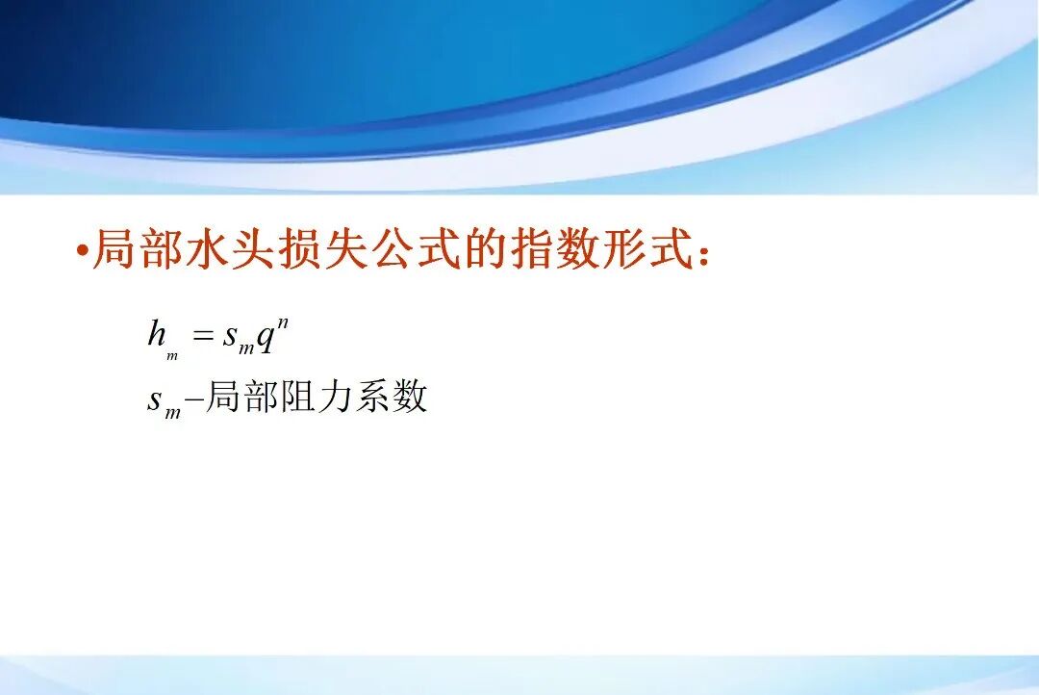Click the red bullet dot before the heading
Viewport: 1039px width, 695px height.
click(82, 253)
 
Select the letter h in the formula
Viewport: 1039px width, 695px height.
click(157, 334)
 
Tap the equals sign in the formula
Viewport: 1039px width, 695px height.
click(202, 336)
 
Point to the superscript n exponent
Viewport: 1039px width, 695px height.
click(283, 321)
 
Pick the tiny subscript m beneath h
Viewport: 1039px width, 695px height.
click(172, 356)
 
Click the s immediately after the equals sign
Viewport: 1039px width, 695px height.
click(229, 336)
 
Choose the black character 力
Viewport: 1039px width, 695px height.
click(336, 397)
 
